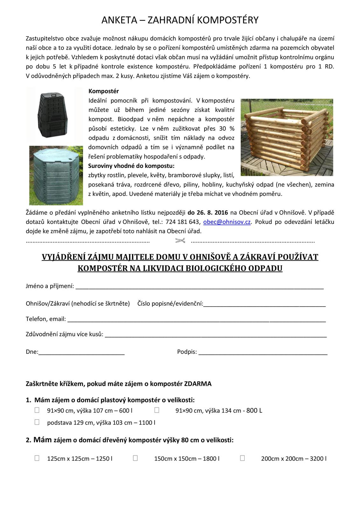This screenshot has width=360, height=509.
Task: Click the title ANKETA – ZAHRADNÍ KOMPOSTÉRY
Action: [180, 20]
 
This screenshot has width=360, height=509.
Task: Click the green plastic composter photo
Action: [56, 175]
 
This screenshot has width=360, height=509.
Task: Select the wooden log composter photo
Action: [287, 137]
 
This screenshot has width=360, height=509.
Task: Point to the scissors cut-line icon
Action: [180, 241]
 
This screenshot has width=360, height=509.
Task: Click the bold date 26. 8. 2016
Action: [208, 213]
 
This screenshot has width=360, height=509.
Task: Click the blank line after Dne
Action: [81, 353]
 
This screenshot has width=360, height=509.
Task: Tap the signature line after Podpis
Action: [263, 353]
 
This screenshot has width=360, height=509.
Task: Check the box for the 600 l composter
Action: [37, 410]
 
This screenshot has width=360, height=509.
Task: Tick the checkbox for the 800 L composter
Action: [157, 410]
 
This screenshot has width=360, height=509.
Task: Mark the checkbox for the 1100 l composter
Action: [37, 422]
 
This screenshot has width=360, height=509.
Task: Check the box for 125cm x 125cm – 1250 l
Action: [37, 458]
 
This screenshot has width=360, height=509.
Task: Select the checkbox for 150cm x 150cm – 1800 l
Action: [135, 458]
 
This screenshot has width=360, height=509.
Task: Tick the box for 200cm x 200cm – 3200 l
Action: [242, 458]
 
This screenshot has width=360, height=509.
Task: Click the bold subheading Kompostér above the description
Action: [103, 91]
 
